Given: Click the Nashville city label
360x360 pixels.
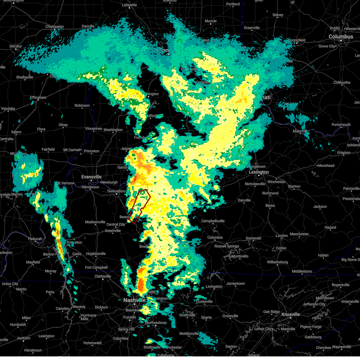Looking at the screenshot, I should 134,300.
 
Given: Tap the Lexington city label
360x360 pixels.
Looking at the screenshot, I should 259,172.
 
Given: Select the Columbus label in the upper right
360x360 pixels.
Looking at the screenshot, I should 341,37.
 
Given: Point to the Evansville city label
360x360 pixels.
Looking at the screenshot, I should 91,177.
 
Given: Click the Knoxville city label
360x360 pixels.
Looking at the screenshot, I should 290,314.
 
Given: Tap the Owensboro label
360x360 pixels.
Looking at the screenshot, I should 116,191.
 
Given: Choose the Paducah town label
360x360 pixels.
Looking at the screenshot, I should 35,239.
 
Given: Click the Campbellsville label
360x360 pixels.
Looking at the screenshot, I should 213,221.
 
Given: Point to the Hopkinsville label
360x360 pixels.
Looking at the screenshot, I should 96,254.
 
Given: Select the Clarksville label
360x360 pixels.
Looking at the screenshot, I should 103,276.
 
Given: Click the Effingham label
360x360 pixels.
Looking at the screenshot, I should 38,98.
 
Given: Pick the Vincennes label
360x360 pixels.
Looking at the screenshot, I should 94,129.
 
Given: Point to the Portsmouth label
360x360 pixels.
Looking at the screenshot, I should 341,125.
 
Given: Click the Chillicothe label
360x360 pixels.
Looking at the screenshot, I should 342,82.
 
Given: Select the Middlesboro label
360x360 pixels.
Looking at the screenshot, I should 302,271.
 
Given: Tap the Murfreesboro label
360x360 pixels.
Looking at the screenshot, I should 156,323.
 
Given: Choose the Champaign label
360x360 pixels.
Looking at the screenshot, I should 55,27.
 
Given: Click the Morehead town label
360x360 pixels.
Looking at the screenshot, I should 326,166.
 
